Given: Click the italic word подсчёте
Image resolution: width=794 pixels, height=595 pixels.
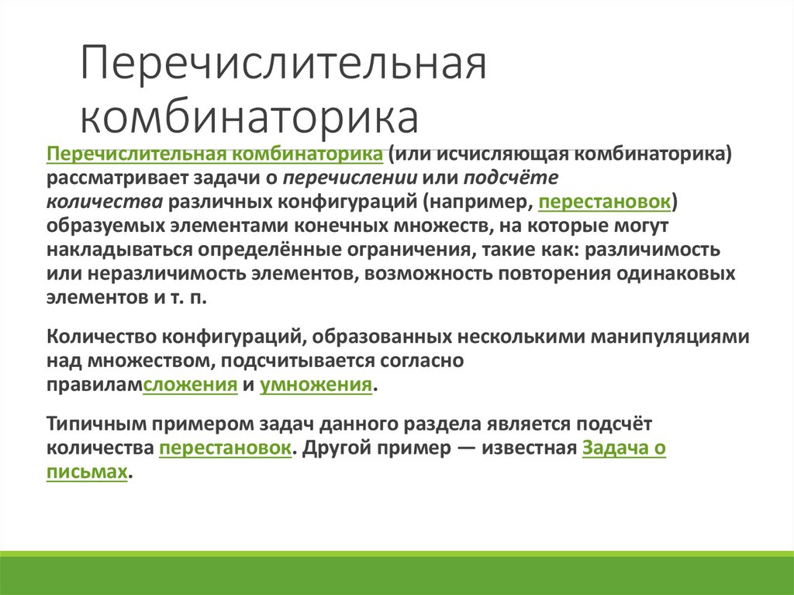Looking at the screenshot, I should coord(510,178).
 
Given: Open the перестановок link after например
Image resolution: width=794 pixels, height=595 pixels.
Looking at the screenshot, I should coord(605,202).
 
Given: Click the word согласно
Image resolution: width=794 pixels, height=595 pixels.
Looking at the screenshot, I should coord(422,361).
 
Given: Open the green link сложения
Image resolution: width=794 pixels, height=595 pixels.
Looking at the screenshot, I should coord(191,386).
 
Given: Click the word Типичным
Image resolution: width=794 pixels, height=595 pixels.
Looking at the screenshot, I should coord(88,424).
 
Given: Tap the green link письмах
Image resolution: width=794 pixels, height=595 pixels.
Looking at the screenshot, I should coord(86,472).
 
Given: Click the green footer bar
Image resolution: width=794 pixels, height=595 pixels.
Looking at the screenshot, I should coord(397,573).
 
